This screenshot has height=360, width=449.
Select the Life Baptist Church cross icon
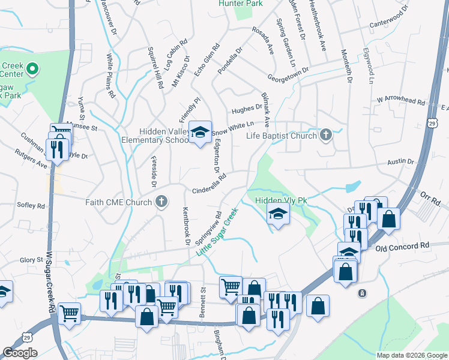point(326,134)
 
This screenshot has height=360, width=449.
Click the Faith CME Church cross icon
point(161,202)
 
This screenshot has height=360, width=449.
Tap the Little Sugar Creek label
point(217,231)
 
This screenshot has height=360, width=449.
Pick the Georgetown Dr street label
point(288,74)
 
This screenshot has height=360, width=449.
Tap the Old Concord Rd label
point(403,246)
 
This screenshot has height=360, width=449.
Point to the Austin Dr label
point(400,162)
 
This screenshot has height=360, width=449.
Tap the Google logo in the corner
point(20,352)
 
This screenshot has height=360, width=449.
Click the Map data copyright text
point(411,355)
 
